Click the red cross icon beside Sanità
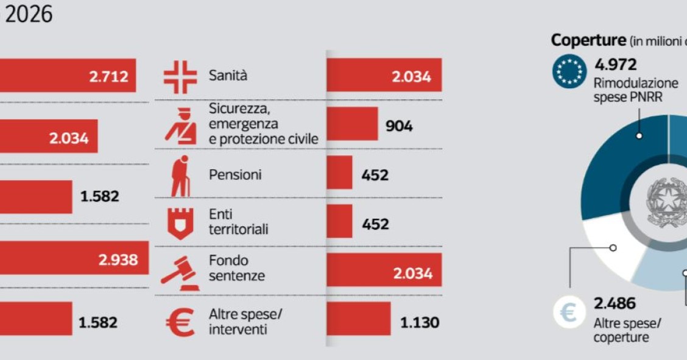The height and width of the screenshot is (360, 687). tap(180, 77)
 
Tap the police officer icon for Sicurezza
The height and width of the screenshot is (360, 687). tap(181, 126)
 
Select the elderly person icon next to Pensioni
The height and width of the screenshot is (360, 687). tap(180, 175)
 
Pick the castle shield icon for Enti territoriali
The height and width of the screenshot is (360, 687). tap(180, 223)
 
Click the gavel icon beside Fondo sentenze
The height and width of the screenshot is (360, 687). tap(180, 273)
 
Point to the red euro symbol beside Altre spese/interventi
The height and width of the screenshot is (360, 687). tap(180, 322)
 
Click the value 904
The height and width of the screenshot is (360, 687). tap(399, 126)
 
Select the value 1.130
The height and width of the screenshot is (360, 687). tap(419, 322)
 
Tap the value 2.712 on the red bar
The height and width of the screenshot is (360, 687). tap(108, 77)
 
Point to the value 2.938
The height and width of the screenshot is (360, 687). tap(118, 260)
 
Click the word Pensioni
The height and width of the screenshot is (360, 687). tap(235, 175)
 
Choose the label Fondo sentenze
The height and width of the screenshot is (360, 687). tap(237, 268)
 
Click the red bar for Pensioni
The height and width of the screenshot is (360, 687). tap(339, 172)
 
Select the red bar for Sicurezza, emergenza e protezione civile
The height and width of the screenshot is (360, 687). tap(352, 124)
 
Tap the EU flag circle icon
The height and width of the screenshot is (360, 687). tap(569, 71)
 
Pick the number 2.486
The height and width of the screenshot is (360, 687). tap(615, 303)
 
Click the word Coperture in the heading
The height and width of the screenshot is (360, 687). tap(588, 40)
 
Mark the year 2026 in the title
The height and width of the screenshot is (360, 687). tap(29, 15)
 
